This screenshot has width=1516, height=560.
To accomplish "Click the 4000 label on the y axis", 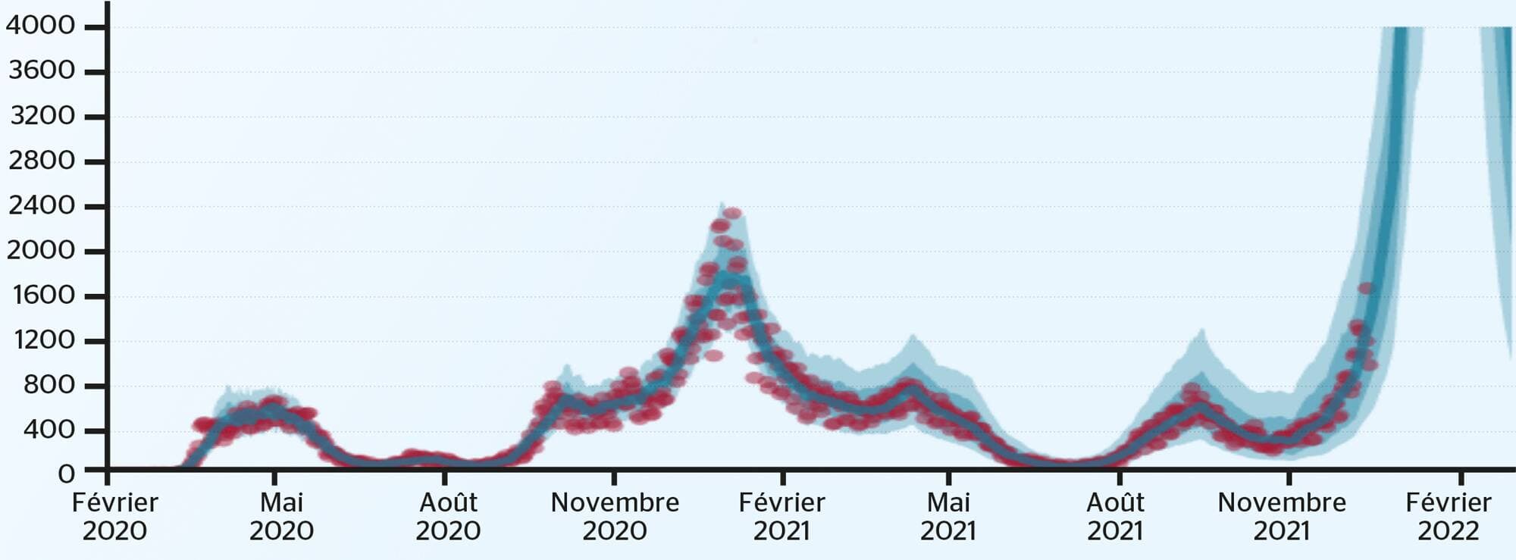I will coord(40,26).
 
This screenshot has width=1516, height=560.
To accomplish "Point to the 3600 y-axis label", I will coord(42,70).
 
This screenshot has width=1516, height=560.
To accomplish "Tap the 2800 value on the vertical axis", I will coord(42,161).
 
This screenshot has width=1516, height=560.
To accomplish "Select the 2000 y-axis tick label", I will coord(42,250).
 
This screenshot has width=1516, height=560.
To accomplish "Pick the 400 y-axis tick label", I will coord(49,430).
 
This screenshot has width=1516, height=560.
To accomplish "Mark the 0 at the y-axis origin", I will coord(67,474).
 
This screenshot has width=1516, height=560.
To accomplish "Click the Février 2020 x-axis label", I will coord(114,516).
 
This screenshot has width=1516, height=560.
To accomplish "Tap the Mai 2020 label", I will coord(281,516).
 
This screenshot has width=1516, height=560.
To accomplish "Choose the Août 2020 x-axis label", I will coord(448,516).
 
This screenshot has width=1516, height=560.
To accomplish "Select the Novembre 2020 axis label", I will coord(615,516).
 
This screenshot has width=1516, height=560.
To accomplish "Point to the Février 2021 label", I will coord(781,516).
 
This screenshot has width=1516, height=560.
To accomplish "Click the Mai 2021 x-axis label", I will coord(948,516).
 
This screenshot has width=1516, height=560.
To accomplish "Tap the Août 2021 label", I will coord(1115,516).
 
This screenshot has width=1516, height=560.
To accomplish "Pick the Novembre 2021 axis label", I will coord(1282,516).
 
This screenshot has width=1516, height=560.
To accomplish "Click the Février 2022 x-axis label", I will coord(1449,516).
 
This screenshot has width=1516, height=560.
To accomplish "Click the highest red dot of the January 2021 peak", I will coord(732,214).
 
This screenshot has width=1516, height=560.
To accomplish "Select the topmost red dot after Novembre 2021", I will coord(1366,289).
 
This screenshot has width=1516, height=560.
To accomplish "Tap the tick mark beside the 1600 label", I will coord(95,296).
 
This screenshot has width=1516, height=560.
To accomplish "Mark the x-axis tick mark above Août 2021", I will coord(1120,478).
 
